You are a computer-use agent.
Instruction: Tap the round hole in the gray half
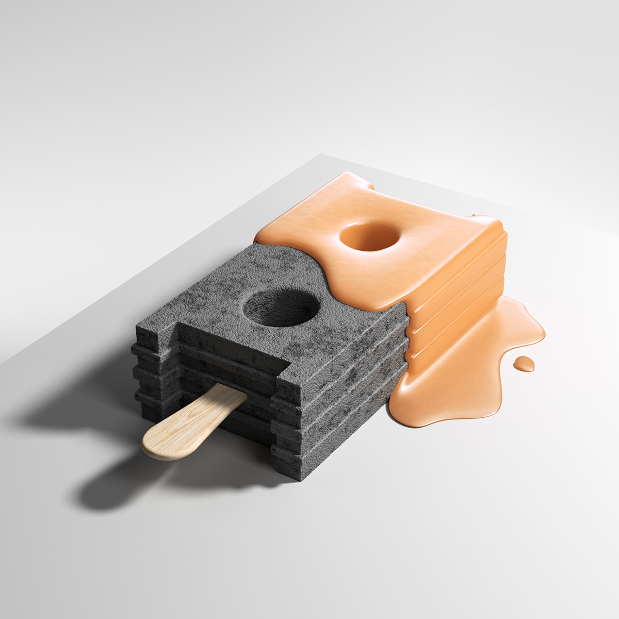[281, 308]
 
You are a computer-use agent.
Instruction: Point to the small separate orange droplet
[524, 363]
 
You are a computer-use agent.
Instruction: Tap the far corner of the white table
[321, 154]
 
